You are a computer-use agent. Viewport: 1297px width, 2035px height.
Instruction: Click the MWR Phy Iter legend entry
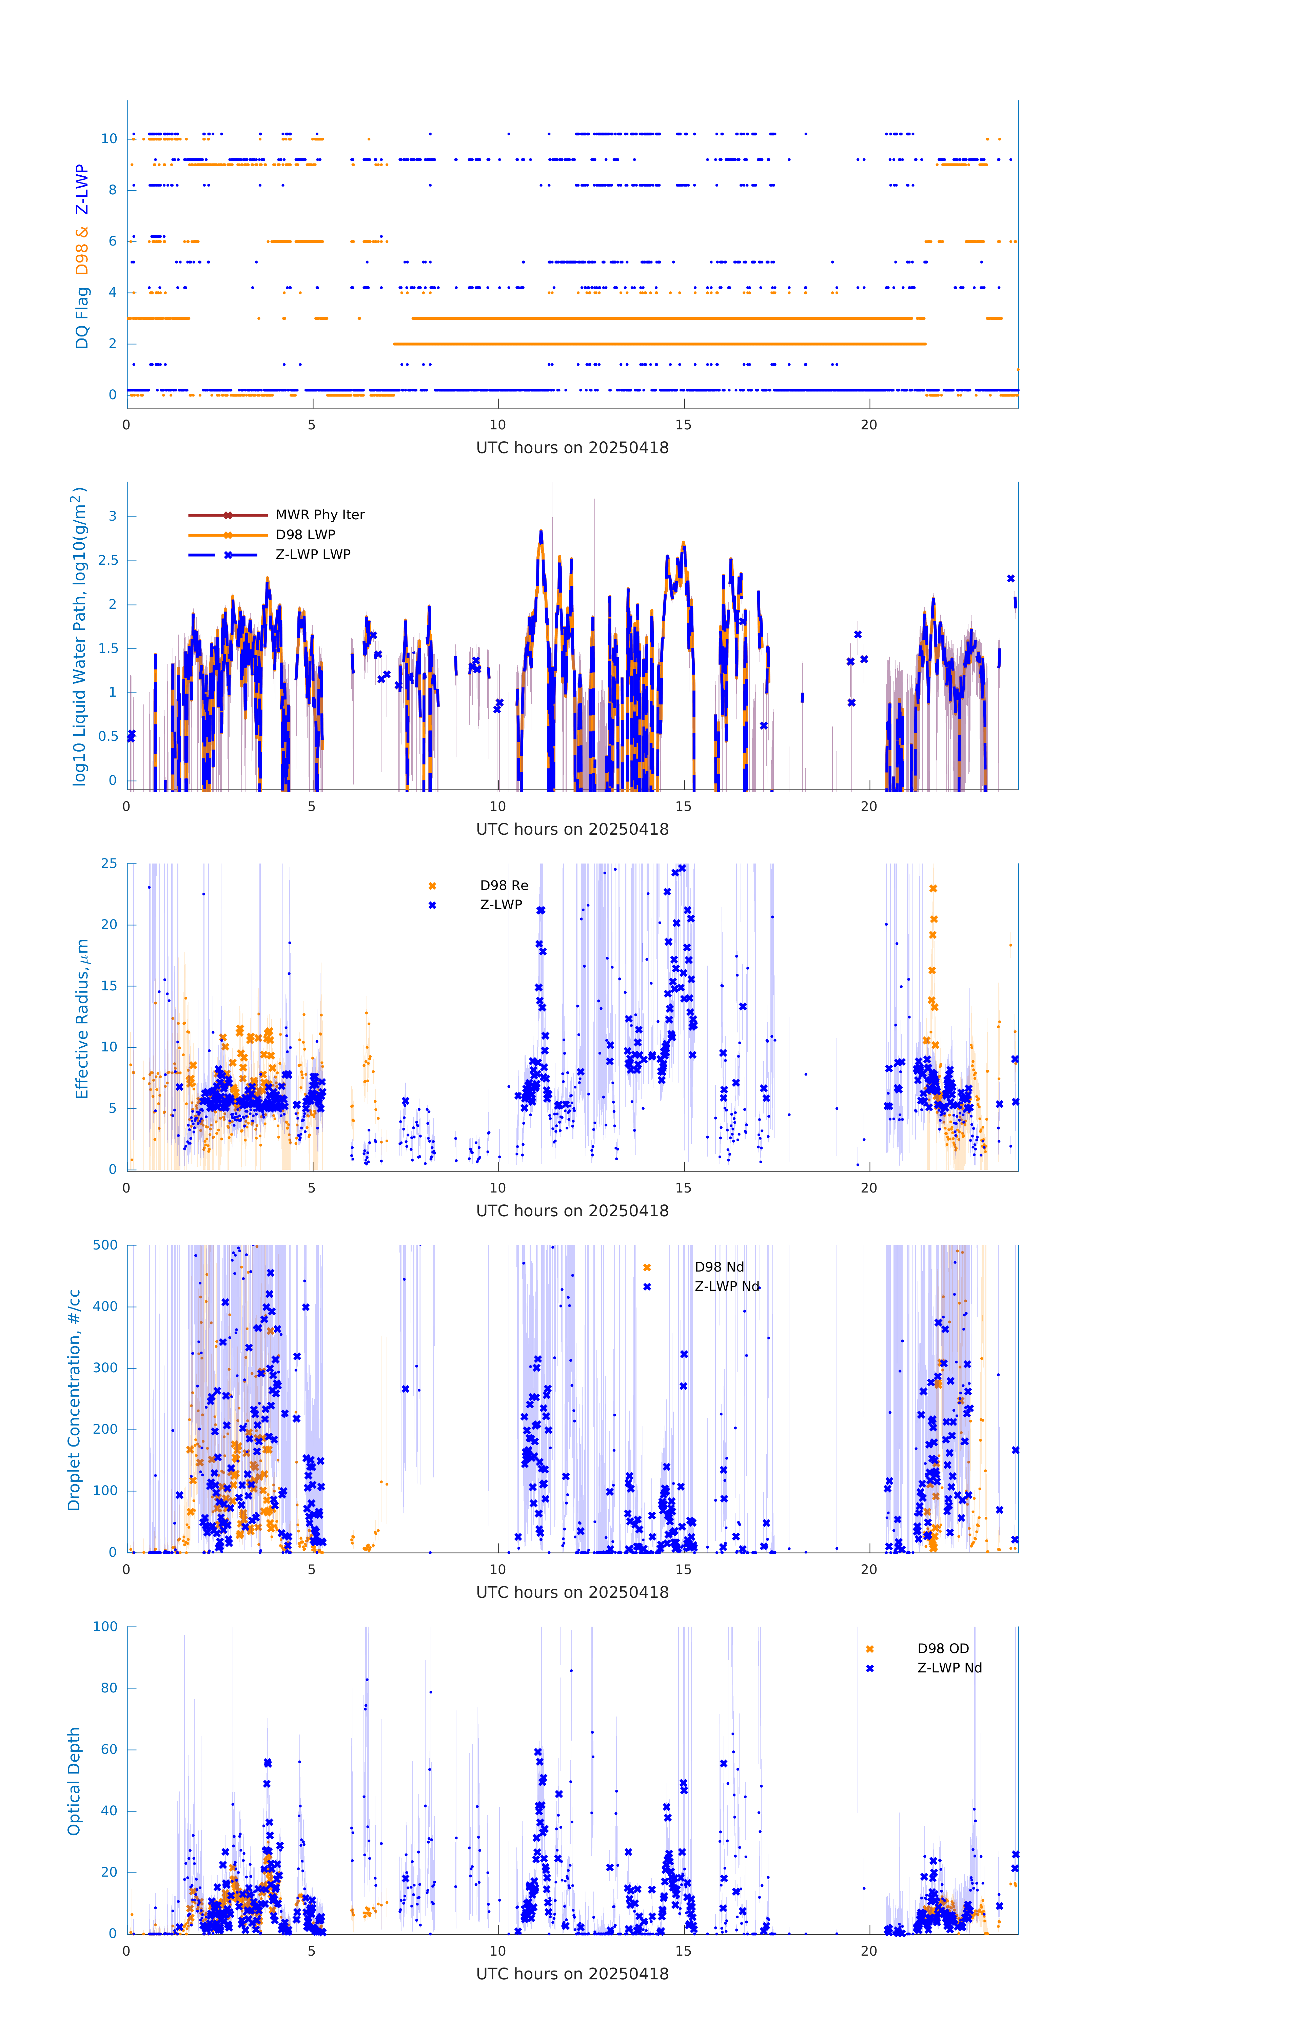[319, 515]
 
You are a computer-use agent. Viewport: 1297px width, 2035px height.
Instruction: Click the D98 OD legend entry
[943, 1648]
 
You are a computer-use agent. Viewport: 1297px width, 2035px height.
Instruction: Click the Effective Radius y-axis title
[82, 1018]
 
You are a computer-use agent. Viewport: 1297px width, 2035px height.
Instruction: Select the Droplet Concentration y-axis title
[74, 1400]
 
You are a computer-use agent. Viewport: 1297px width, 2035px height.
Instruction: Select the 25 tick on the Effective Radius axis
[109, 864]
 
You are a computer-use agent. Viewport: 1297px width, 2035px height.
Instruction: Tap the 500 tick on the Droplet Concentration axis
[105, 1245]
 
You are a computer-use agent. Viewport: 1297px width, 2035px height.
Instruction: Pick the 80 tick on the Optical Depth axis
[109, 1688]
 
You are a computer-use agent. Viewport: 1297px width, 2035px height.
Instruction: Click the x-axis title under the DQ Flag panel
[572, 448]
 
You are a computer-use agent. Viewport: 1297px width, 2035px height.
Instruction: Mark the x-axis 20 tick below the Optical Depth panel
[869, 1951]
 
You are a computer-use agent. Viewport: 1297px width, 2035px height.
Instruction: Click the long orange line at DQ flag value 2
[659, 344]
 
